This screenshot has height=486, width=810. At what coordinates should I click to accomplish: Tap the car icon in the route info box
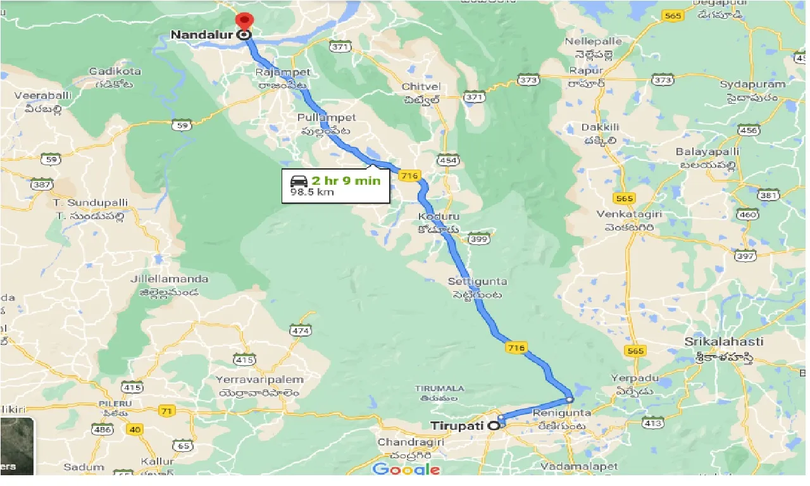pyautogui.click(x=299, y=181)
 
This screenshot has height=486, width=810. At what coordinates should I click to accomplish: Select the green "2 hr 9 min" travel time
pyautogui.click(x=346, y=180)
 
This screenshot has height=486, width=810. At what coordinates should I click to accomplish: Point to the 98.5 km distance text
pyautogui.click(x=312, y=192)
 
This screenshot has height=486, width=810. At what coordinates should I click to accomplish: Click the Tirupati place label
pyautogui.click(x=458, y=426)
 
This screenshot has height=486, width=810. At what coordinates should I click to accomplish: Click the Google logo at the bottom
pyautogui.click(x=406, y=469)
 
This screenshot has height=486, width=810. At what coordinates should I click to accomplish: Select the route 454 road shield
pyautogui.click(x=447, y=161)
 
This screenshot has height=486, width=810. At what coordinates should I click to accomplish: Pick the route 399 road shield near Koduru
pyautogui.click(x=479, y=239)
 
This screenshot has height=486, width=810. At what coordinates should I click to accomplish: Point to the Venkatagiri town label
pyautogui.click(x=629, y=215)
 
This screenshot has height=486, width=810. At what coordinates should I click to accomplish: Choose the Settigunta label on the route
pyautogui.click(x=477, y=281)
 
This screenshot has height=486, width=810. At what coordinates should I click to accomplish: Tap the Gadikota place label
pyautogui.click(x=115, y=72)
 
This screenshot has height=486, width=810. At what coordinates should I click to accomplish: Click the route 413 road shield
pyautogui.click(x=652, y=422)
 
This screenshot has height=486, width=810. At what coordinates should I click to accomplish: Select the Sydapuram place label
pyautogui.click(x=752, y=84)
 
